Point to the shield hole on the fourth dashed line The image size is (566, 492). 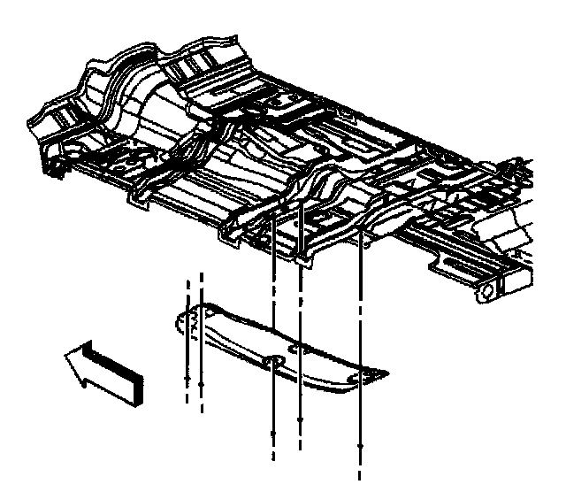point(302,350)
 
